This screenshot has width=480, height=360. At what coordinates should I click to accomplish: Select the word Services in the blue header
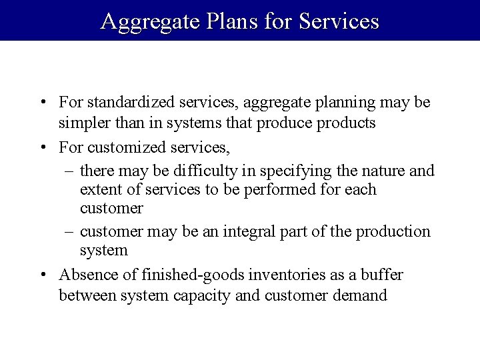[339, 21]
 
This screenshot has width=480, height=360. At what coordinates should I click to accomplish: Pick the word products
[345, 123]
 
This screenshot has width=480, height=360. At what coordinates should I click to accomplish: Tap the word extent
[98, 190]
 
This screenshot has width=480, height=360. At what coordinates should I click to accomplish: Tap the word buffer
[382, 275]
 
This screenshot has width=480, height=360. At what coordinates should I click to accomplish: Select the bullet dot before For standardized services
[43, 103]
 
